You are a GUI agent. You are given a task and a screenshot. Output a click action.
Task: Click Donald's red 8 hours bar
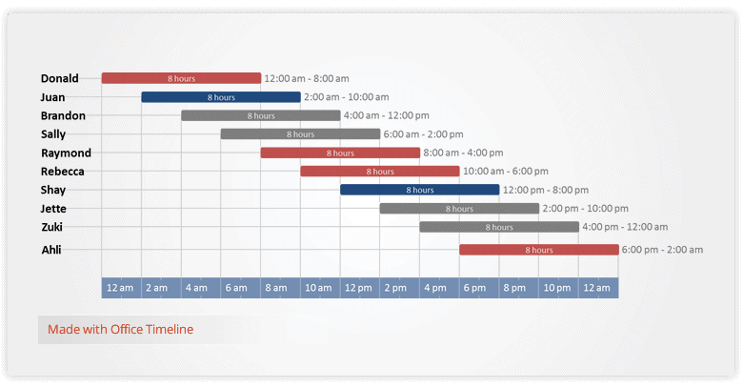click(181, 78)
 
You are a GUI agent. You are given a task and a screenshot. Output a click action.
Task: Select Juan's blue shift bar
click(221, 97)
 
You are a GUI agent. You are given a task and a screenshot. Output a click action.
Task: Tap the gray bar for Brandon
click(260, 115)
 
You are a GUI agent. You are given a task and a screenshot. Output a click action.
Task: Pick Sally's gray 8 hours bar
click(300, 134)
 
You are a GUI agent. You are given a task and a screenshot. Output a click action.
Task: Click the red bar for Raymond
click(340, 153)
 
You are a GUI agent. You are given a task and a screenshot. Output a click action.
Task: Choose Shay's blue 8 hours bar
click(419, 190)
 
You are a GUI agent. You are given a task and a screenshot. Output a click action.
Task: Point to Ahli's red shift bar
click(538, 250)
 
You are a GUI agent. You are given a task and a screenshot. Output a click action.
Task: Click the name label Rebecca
click(63, 172)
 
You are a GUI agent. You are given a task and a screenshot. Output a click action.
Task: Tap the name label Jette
click(54, 209)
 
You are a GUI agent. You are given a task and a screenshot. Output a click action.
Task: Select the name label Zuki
click(52, 227)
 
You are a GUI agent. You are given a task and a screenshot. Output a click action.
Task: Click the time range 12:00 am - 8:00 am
click(307, 78)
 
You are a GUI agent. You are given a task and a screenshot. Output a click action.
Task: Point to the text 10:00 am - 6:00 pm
click(506, 172)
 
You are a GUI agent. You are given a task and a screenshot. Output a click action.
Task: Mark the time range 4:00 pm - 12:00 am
click(625, 227)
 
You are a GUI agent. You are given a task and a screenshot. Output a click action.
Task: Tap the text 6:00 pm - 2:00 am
click(662, 250)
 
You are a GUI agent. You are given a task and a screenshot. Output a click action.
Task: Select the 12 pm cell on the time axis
click(359, 288)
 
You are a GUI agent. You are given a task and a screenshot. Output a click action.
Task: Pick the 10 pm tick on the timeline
click(558, 288)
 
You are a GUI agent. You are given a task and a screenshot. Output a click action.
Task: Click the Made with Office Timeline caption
click(120, 330)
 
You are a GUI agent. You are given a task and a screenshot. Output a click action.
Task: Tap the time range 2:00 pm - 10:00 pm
click(585, 209)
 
